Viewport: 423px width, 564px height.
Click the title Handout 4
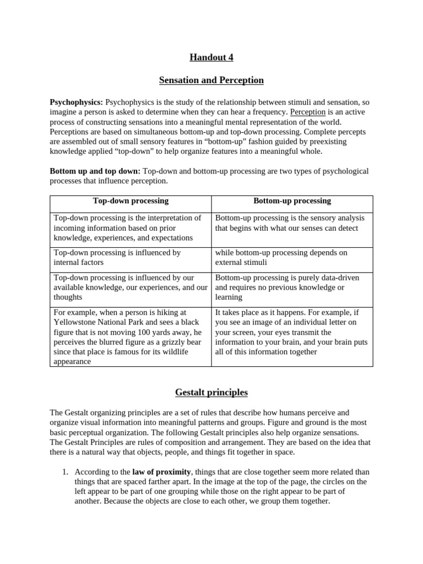[x=211, y=57]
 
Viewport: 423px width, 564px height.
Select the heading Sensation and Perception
[x=211, y=80]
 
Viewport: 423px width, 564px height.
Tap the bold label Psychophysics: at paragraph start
[x=77, y=102]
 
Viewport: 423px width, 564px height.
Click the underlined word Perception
[x=308, y=112]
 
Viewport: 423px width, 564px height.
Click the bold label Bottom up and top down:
[x=95, y=171]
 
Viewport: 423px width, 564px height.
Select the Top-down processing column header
[x=131, y=201]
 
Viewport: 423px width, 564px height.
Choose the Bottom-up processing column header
[x=292, y=201]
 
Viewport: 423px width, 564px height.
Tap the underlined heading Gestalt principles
[x=211, y=393]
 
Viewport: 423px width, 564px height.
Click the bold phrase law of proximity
[x=160, y=472]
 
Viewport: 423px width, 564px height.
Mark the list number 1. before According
[x=64, y=472]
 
